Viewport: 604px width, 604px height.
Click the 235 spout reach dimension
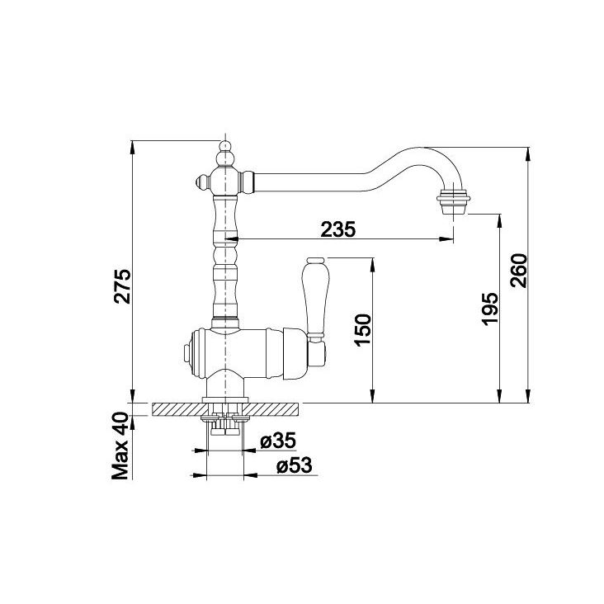click(x=337, y=229)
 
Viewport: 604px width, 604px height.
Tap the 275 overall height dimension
click(x=123, y=286)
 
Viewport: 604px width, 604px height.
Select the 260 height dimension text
click(x=518, y=271)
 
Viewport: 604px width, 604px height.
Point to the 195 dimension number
click(x=491, y=309)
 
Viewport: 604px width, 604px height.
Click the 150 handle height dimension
click(x=364, y=331)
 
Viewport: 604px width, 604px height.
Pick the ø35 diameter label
click(x=278, y=441)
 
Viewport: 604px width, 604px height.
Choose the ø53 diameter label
click(x=294, y=465)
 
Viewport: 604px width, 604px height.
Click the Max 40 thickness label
click(x=120, y=446)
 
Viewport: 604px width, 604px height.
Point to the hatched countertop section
click(x=225, y=409)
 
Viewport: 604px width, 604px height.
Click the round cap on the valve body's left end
click(x=186, y=353)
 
